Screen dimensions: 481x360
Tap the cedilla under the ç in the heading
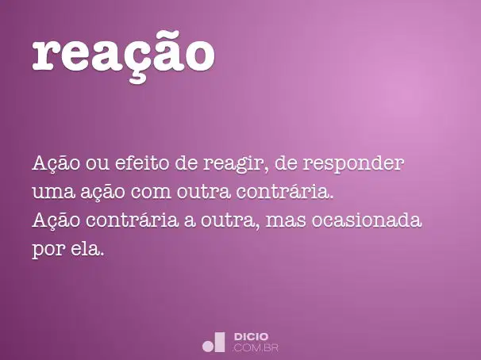138,78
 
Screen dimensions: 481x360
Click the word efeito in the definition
142,163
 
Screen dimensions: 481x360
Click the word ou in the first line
98,164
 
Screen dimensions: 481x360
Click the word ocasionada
367,220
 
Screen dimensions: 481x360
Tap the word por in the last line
48,251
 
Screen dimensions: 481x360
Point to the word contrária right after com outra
285,191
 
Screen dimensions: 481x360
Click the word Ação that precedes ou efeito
56,164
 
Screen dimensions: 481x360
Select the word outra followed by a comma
230,221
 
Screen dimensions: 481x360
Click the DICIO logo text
251,337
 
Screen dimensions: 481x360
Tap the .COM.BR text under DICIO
256,348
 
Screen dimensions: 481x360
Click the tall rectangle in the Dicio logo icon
219,342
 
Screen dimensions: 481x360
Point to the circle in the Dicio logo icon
207,347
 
